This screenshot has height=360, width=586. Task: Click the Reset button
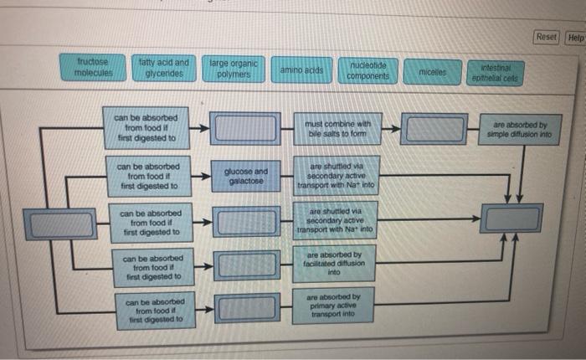click(x=546, y=38)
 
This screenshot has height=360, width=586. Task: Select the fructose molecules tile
click(x=93, y=67)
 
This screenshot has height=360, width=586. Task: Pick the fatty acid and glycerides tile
click(x=164, y=68)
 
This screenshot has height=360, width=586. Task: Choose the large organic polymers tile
click(x=234, y=69)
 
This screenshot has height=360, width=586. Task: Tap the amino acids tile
click(x=301, y=69)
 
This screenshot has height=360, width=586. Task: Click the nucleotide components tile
click(x=368, y=71)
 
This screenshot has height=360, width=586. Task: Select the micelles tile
click(x=433, y=72)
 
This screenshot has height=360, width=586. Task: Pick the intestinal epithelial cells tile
click(x=496, y=74)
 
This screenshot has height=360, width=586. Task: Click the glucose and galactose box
click(x=246, y=176)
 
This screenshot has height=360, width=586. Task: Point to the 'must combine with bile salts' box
click(x=337, y=129)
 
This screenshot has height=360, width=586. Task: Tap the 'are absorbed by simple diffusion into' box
click(x=520, y=129)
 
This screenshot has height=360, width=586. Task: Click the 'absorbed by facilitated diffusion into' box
click(x=334, y=264)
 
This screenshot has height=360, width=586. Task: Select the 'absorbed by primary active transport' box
click(x=333, y=306)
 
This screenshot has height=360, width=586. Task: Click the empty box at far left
click(x=60, y=224)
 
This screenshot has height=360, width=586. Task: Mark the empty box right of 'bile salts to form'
click(x=434, y=129)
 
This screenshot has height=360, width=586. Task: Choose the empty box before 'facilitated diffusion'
click(x=247, y=265)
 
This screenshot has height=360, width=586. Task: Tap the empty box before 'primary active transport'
click(x=247, y=308)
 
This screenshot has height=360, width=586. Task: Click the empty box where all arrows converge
click(x=511, y=219)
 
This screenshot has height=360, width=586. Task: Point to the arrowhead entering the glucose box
click(x=206, y=176)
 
